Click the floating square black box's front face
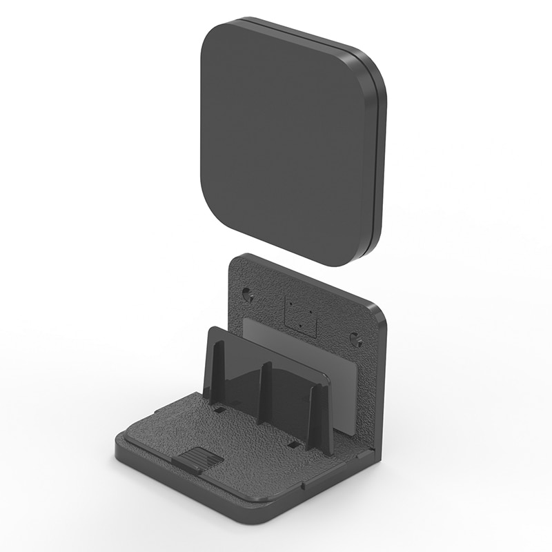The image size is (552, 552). pos(286,141)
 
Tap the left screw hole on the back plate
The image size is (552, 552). pos(247,295)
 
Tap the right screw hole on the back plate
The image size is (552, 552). pos(355,339)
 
